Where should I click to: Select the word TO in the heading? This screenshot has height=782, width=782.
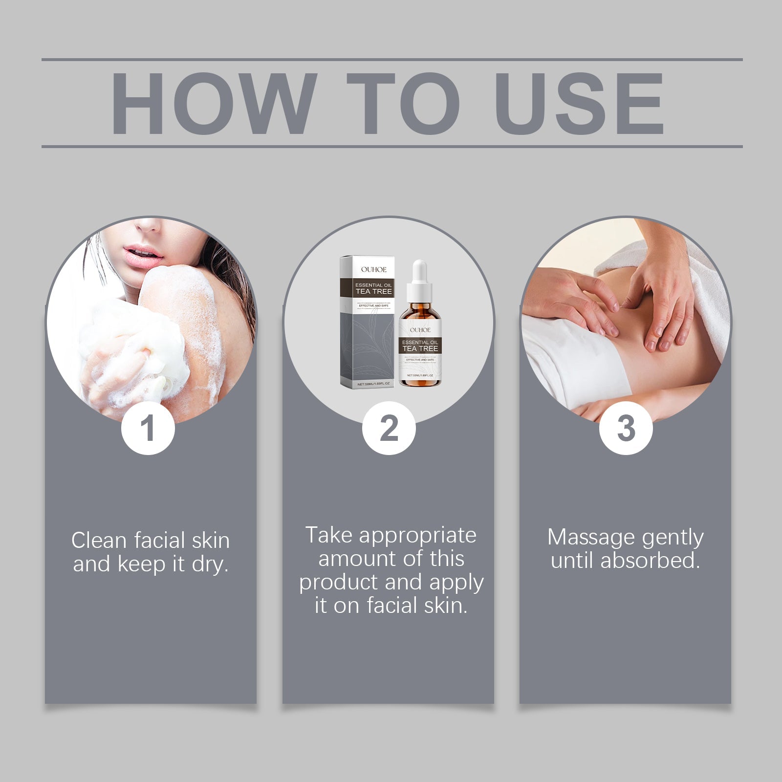click(x=404, y=104)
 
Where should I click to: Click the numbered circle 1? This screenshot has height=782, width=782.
click(x=148, y=428)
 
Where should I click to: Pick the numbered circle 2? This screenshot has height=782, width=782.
click(x=389, y=428)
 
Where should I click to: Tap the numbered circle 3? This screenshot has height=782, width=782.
click(x=626, y=428)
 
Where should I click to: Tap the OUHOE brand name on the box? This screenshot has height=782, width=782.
click(x=374, y=269)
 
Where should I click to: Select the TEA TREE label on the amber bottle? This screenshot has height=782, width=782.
click(x=420, y=348)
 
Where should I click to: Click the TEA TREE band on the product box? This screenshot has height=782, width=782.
click(x=374, y=291)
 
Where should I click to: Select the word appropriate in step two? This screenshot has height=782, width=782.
click(x=417, y=536)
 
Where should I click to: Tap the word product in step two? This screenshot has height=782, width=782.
click(x=339, y=583)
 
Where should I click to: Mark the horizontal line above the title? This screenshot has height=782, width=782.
click(x=391, y=60)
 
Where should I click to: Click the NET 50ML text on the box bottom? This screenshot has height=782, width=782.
click(x=373, y=384)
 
